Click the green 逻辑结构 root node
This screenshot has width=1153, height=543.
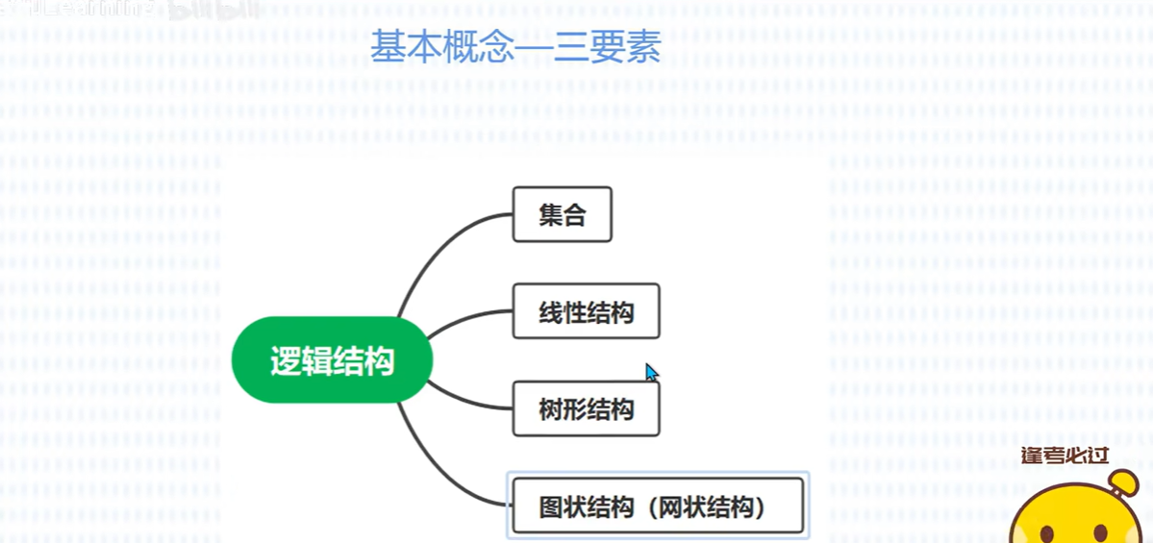pyautogui.click(x=332, y=361)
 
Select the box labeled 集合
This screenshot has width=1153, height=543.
pyautogui.click(x=563, y=214)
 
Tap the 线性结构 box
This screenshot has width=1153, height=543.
pyautogui.click(x=586, y=311)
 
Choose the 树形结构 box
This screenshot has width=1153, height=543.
pyautogui.click(x=586, y=409)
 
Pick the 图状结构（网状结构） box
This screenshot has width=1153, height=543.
pyautogui.click(x=657, y=506)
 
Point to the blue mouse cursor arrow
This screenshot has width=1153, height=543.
pyautogui.click(x=651, y=372)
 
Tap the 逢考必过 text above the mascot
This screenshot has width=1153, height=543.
pyautogui.click(x=1067, y=454)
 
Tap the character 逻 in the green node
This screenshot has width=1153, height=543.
pyautogui.click(x=285, y=362)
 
